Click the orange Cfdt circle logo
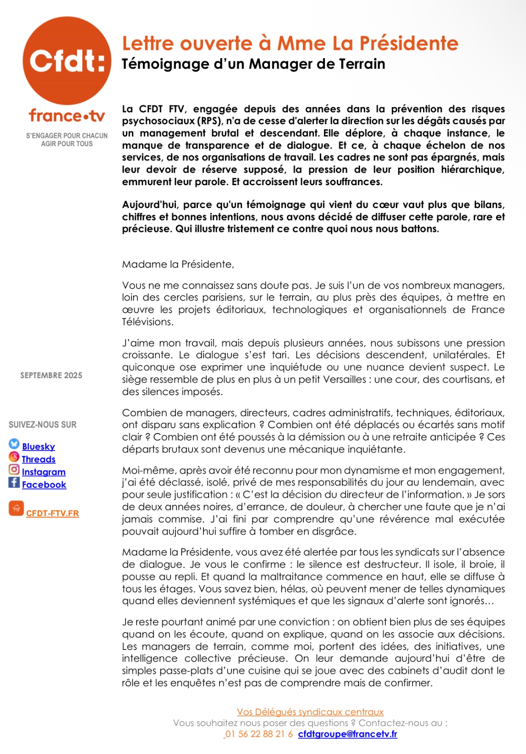pos(67,61)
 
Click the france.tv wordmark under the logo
pos(67,116)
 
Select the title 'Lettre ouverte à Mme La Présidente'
pos(290,44)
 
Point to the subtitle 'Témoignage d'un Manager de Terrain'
pos(253,64)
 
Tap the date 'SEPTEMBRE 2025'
pos(51,375)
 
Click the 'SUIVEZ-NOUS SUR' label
pos(43,425)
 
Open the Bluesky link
pos(38,446)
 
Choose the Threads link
pos(38,459)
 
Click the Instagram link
pos(44,472)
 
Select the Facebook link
pos(44,485)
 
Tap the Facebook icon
pos(14,482)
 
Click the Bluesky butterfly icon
pos(14,444)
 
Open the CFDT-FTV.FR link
pos(52,513)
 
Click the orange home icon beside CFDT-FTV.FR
pos(16,508)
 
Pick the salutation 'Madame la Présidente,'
pos(178,264)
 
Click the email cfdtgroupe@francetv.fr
pos(347,734)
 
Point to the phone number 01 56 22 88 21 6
pos(259,734)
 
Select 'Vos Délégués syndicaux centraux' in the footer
pos(310,712)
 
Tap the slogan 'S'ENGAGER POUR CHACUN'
pos(67,136)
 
